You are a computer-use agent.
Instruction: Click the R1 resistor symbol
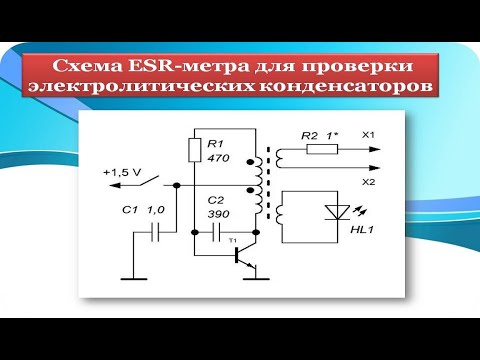(x=196, y=150)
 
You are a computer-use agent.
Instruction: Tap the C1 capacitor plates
(x=155, y=233)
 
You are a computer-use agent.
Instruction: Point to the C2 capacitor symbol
(x=219, y=232)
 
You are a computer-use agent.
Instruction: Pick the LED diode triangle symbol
(x=335, y=211)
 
